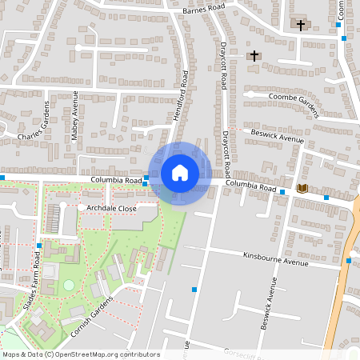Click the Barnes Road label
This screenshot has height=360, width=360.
point(206,10)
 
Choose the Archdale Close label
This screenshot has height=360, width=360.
point(112,208)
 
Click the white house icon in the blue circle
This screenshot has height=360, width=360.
point(180,172)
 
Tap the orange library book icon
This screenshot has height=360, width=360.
point(302,188)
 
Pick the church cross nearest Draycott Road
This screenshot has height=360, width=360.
point(254,55)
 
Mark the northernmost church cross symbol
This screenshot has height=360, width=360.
point(301,25)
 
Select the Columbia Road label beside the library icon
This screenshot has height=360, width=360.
point(250,187)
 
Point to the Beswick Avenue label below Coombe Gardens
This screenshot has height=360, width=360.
point(277,136)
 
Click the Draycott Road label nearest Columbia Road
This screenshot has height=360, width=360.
point(227,152)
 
